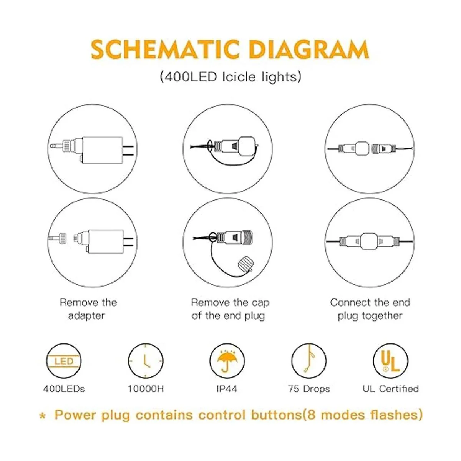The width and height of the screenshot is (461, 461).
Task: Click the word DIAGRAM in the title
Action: point(309,50)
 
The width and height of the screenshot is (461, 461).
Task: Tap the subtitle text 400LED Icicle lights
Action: point(230,77)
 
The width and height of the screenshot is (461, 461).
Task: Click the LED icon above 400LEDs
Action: point(64,361)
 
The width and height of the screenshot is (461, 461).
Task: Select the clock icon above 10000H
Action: point(146,361)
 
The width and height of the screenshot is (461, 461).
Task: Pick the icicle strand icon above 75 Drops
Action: point(309,361)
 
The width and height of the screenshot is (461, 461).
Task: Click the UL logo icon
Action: point(391,361)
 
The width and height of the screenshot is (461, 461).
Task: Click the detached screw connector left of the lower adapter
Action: point(57,238)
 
